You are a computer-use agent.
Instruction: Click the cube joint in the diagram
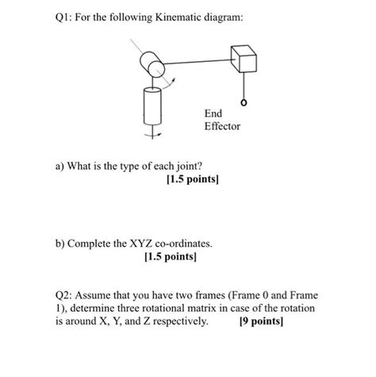(x=244, y=59)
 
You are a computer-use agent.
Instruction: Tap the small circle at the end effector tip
(x=244, y=102)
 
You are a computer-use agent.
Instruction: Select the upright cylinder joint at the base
(x=152, y=106)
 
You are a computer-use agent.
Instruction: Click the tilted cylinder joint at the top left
(x=152, y=64)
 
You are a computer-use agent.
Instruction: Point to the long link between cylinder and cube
(x=198, y=62)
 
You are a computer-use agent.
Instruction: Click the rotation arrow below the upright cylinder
(x=153, y=135)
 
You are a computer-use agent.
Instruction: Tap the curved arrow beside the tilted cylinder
(x=168, y=83)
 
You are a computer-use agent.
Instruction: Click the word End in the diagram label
(x=213, y=113)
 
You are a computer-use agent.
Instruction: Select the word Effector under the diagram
(x=222, y=126)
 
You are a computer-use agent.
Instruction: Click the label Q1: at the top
(x=63, y=17)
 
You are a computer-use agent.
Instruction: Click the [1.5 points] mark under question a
(x=193, y=179)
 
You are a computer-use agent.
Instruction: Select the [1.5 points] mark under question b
(x=171, y=256)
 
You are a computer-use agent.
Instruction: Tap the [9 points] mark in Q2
(x=261, y=321)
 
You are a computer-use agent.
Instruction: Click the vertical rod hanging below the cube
(x=244, y=87)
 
